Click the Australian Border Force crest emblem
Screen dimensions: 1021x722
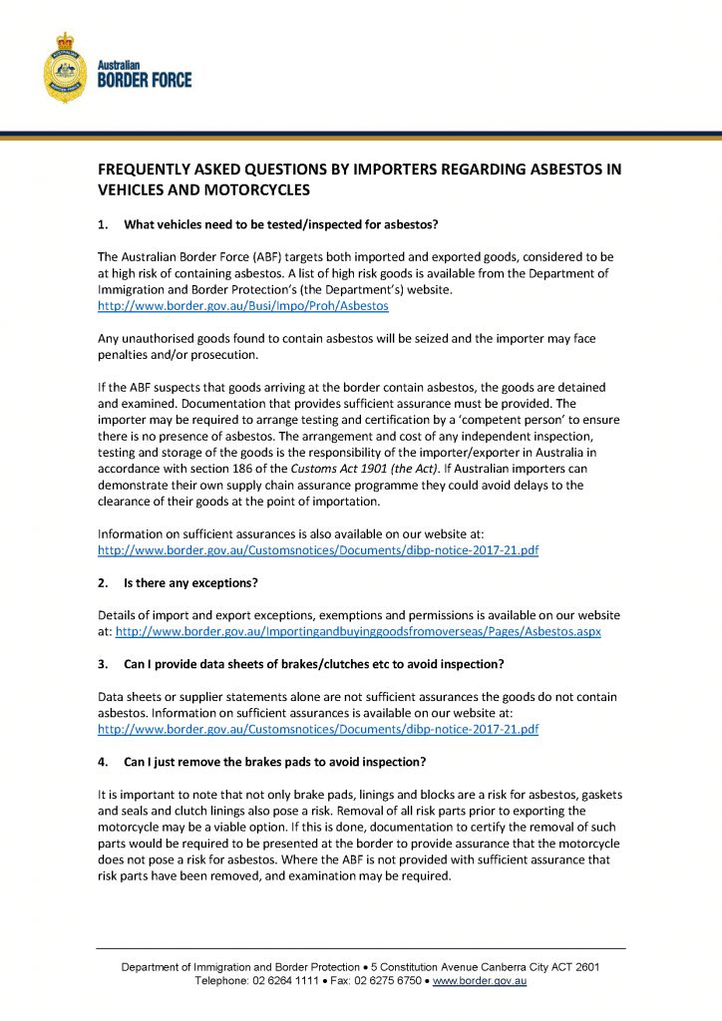pos(65,67)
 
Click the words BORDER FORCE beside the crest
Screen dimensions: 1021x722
pos(144,80)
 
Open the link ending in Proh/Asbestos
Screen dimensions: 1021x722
pos(242,306)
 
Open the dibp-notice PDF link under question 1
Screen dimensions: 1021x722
pos(318,550)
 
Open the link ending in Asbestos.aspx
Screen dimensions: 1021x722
pos(358,631)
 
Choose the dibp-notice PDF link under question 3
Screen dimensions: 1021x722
pos(318,729)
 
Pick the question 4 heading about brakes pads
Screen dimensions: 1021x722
pos(274,762)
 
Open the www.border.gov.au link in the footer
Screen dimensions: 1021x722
pos(479,981)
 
